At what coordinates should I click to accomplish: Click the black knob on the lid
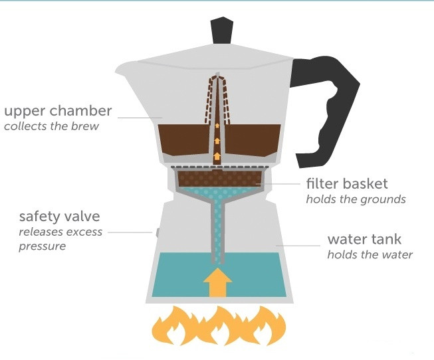[x=222, y=31]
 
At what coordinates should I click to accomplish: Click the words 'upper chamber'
[x=58, y=111]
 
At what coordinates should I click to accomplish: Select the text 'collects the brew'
[x=51, y=126]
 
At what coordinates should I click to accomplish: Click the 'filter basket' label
[x=347, y=183]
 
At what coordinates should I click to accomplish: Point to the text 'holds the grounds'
[x=356, y=199]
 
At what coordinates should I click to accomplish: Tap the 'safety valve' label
[x=59, y=216]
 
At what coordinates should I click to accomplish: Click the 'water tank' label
[x=364, y=239]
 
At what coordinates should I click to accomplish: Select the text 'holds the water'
[x=370, y=254]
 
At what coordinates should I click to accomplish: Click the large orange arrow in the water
[x=217, y=282]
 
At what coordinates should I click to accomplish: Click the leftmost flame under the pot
[x=175, y=325]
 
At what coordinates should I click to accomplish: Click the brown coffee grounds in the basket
[x=219, y=179]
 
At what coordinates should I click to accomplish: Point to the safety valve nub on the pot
[x=158, y=232]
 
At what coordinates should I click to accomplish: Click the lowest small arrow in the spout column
[x=217, y=156]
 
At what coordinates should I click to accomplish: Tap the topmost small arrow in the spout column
[x=217, y=126]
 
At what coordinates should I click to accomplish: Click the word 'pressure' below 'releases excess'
[x=43, y=246]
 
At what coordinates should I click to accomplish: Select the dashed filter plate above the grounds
[x=220, y=167]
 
